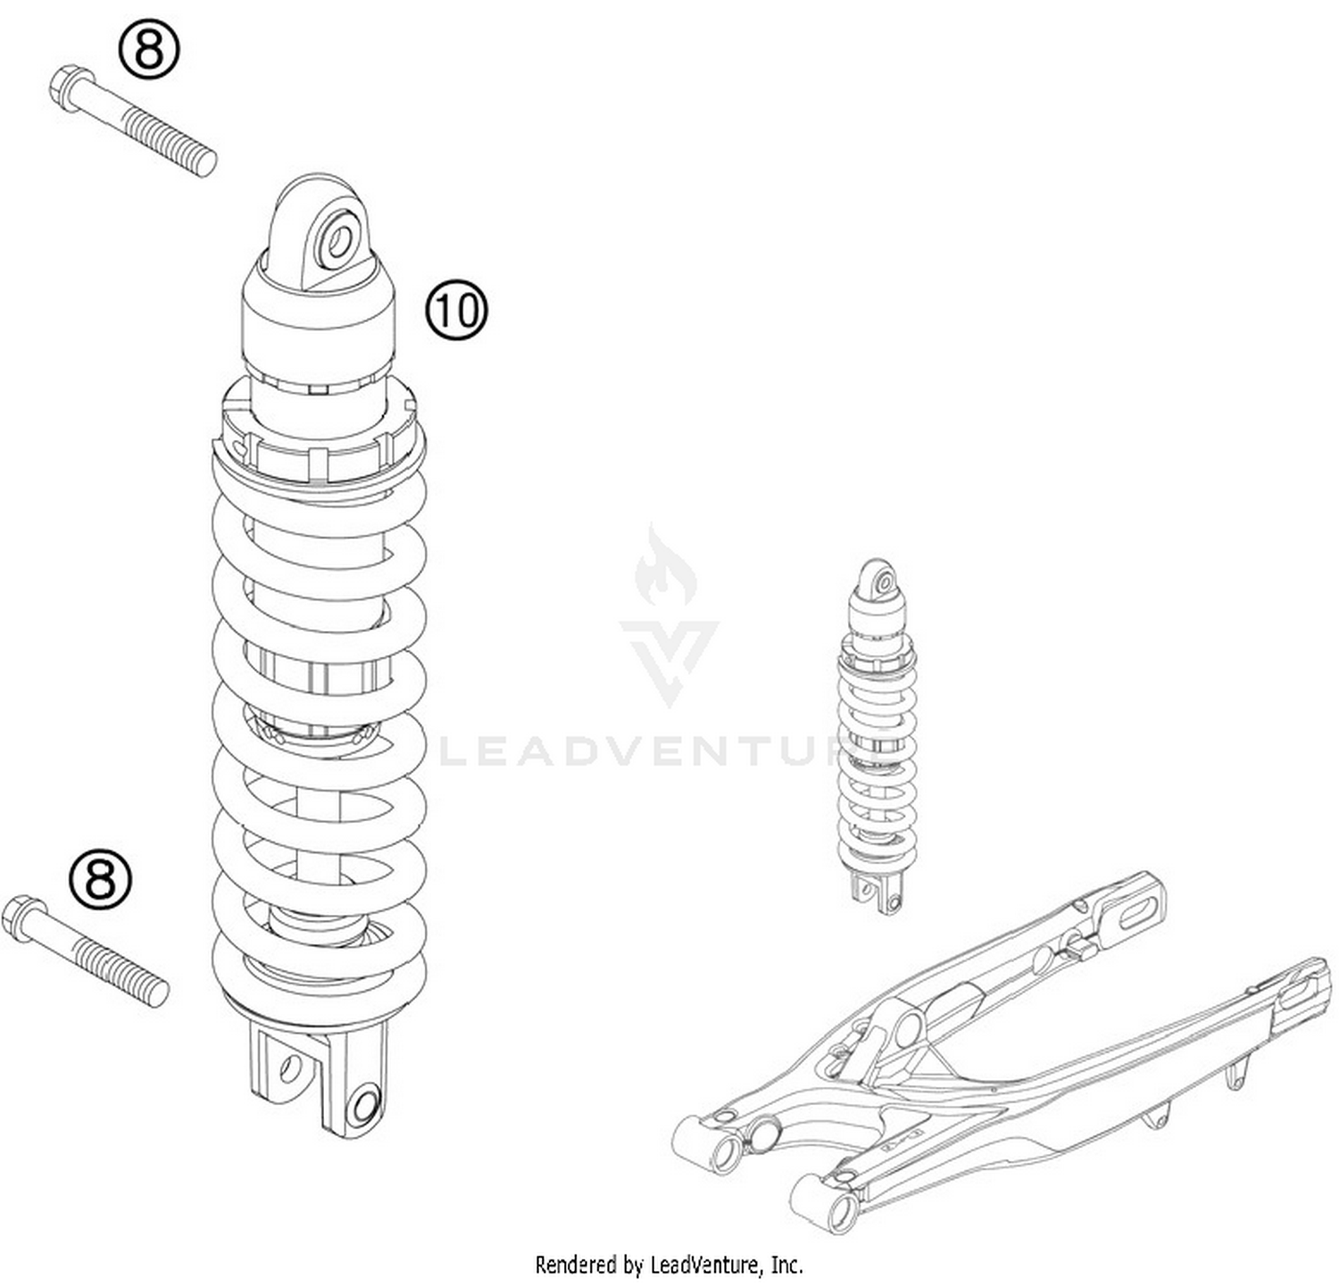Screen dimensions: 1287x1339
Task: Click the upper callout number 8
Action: click(149, 50)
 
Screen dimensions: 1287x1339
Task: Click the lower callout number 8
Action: click(100, 878)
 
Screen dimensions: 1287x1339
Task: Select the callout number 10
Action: click(456, 311)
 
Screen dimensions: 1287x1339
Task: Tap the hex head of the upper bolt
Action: click(67, 87)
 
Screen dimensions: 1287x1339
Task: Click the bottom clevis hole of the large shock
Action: click(365, 1107)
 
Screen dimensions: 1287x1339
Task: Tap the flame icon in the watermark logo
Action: click(665, 569)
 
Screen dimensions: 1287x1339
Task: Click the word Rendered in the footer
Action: click(576, 1265)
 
